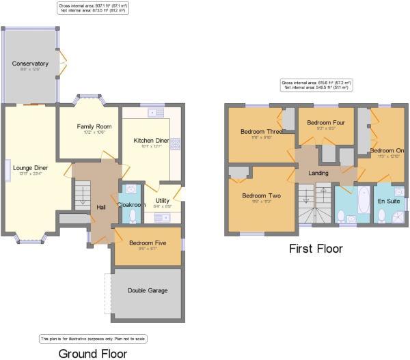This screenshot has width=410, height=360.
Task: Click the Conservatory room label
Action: click(x=30, y=64)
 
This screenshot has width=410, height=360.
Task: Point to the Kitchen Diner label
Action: click(x=151, y=140)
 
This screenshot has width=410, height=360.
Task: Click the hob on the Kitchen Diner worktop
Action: click(x=175, y=143)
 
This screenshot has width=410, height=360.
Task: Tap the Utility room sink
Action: click(x=163, y=217)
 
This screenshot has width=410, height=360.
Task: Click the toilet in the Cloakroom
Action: click(x=133, y=217)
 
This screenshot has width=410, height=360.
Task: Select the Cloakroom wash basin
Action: click(x=132, y=190)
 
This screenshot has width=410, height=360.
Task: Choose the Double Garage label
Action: click(x=147, y=290)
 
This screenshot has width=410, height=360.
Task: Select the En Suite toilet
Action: click(x=381, y=216)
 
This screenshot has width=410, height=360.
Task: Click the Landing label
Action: click(x=318, y=173)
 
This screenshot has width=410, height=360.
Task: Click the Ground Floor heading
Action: click(x=92, y=352)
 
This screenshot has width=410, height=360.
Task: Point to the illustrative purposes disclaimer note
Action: click(x=92, y=338)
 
